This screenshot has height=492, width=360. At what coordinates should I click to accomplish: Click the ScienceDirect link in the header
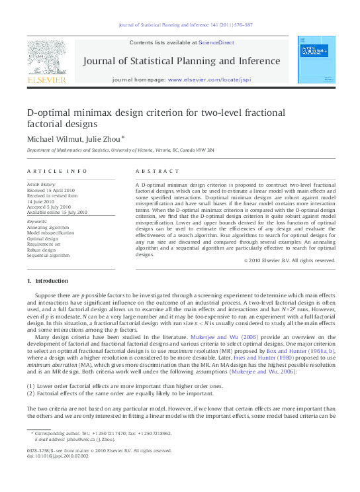216,42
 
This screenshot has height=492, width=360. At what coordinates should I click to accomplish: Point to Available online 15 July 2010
57,212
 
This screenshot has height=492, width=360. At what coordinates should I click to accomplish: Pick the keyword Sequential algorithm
51,255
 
